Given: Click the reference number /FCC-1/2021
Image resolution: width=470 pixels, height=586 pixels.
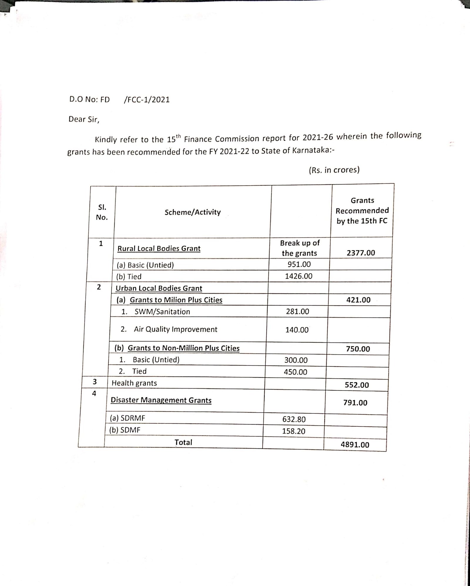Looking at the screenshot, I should (x=147, y=100).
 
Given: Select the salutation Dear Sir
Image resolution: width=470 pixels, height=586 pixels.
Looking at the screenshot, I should (x=84, y=119).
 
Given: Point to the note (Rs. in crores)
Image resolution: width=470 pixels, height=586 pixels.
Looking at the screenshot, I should (x=334, y=170).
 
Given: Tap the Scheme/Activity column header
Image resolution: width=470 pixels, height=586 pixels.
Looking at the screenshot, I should (x=192, y=212).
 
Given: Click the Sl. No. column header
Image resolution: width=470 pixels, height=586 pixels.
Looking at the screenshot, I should (x=102, y=212).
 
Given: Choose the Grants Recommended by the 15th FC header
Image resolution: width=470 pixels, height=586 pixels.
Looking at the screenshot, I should (x=362, y=211).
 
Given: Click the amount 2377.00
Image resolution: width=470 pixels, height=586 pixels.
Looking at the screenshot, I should (x=361, y=253).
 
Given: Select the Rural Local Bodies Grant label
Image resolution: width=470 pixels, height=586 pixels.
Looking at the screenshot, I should (x=159, y=248).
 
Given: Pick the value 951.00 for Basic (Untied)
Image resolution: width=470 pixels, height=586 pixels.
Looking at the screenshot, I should (x=299, y=264).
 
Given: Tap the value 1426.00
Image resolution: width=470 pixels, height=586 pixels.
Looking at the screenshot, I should (x=298, y=276).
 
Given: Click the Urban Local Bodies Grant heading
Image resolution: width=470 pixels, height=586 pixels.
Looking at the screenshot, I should (x=159, y=288).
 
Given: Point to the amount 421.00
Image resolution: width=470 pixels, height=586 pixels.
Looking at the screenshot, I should (x=358, y=300).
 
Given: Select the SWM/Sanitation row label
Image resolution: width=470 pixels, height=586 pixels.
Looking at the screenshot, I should (x=162, y=312).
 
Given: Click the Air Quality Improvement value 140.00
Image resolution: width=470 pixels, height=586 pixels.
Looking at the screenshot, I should (x=297, y=330).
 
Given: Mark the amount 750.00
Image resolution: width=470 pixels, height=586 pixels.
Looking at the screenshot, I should (x=358, y=349).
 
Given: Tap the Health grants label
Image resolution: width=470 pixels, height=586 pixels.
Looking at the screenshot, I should (x=134, y=383).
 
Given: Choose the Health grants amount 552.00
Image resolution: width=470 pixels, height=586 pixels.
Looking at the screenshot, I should (x=357, y=385).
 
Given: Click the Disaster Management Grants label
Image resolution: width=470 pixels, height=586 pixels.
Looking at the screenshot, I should (x=161, y=400).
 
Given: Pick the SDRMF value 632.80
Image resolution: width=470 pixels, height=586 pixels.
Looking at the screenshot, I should (x=294, y=419).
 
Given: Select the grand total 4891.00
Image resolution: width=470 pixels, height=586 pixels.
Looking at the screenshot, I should (x=355, y=445).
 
